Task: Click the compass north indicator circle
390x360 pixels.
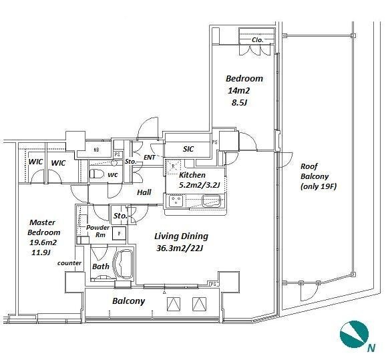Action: pyautogui.click(x=354, y=334)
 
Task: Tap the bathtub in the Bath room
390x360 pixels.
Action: pyautogui.click(x=123, y=264)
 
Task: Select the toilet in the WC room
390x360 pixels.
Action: pyautogui.click(x=97, y=174)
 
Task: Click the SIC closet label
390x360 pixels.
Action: pyautogui.click(x=188, y=149)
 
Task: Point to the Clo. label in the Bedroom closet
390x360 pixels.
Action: pyautogui.click(x=257, y=40)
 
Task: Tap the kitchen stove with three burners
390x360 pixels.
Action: pyautogui.click(x=176, y=201)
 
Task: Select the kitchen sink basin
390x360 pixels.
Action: pyautogui.click(x=212, y=201)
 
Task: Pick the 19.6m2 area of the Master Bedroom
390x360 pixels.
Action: pyautogui.click(x=43, y=242)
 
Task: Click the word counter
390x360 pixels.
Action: pyautogui.click(x=69, y=263)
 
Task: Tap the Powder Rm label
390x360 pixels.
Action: pyautogui.click(x=98, y=231)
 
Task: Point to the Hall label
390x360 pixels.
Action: pyautogui.click(x=144, y=192)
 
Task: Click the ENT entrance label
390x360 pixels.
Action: pyautogui.click(x=150, y=158)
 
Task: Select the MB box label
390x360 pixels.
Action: pyautogui.click(x=96, y=150)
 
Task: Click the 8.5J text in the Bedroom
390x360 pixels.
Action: pyautogui.click(x=239, y=103)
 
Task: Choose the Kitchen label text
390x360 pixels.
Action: pyautogui.click(x=192, y=175)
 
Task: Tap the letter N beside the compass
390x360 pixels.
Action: pyautogui.click(x=371, y=348)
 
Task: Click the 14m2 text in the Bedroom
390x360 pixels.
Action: pyautogui.click(x=239, y=91)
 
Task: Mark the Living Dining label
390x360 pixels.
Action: pyautogui.click(x=182, y=236)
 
